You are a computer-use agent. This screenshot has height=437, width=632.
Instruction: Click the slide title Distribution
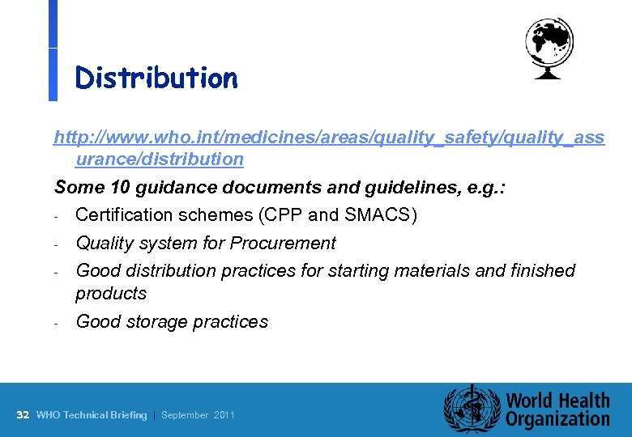(x=156, y=78)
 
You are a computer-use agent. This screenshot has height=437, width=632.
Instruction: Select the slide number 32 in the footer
(x=23, y=415)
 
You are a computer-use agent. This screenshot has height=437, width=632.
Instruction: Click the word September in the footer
(x=186, y=415)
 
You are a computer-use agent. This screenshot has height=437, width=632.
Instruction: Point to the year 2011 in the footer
(x=224, y=415)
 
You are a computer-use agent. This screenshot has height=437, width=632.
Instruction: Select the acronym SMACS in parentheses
(x=378, y=215)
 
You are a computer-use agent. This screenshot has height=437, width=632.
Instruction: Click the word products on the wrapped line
(x=111, y=293)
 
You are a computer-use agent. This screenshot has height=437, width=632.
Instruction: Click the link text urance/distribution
(x=160, y=159)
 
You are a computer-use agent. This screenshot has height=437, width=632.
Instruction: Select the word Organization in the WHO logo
(x=557, y=419)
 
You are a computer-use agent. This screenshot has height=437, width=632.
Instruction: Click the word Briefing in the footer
(x=129, y=415)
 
